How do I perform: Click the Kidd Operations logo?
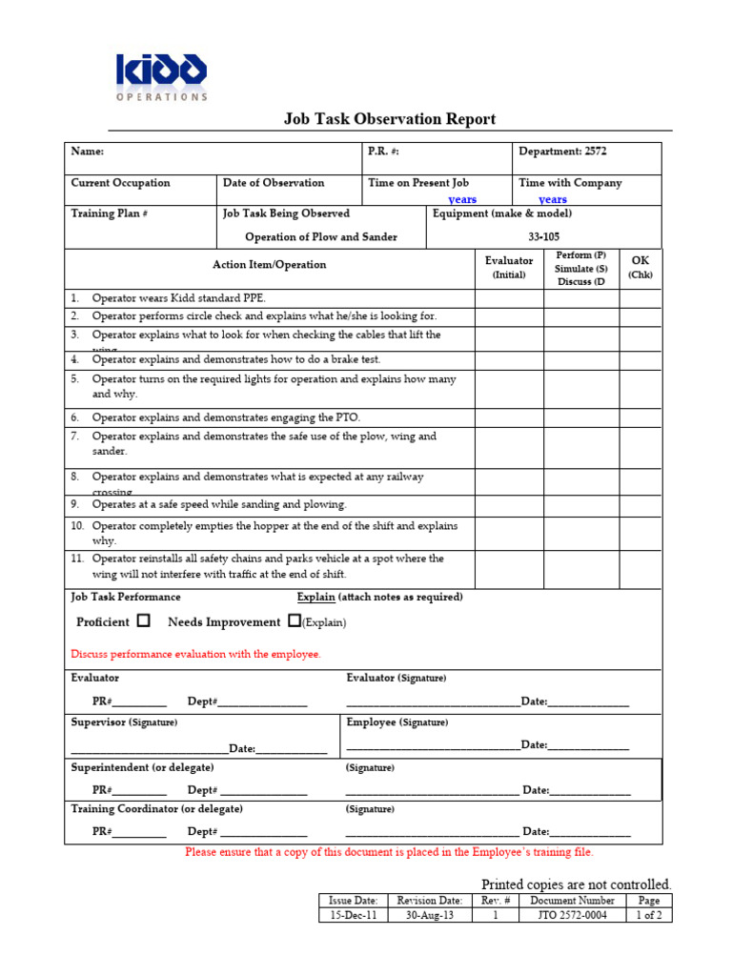pyautogui.click(x=161, y=75)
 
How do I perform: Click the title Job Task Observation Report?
pyautogui.click(x=390, y=119)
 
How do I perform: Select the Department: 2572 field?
pyautogui.click(x=562, y=152)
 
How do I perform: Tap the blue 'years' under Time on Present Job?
pyautogui.click(x=462, y=200)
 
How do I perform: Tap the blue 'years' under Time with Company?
pyautogui.click(x=553, y=200)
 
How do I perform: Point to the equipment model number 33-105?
pyautogui.click(x=544, y=237)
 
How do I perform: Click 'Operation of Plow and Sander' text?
pyautogui.click(x=321, y=237)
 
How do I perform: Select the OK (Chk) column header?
pyautogui.click(x=640, y=267)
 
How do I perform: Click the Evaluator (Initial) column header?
pyautogui.click(x=509, y=267)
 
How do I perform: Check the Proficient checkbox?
pyautogui.click(x=144, y=620)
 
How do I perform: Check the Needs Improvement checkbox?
pyautogui.click(x=294, y=620)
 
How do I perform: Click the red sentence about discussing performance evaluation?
pyautogui.click(x=196, y=655)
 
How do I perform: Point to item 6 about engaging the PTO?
pyautogui.click(x=226, y=417)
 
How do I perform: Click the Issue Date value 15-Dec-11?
pyautogui.click(x=353, y=916)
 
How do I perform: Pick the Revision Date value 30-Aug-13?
pyautogui.click(x=429, y=916)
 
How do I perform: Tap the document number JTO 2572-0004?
pyautogui.click(x=568, y=916)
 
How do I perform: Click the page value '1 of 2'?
pyautogui.click(x=648, y=916)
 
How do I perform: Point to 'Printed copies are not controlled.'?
pyautogui.click(x=576, y=884)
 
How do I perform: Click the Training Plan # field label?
pyautogui.click(x=109, y=213)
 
